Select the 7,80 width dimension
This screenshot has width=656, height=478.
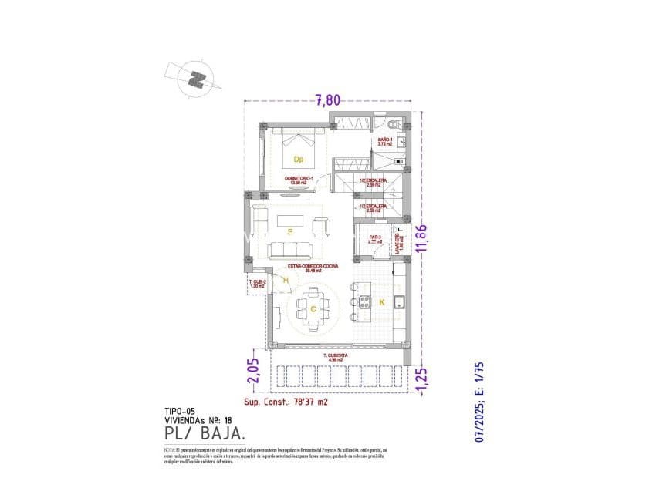point(327,99)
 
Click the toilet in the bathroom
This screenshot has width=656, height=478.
point(394,125)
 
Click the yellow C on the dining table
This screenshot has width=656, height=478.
point(313,308)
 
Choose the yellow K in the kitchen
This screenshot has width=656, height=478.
point(381,302)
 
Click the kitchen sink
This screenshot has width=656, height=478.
point(400,301)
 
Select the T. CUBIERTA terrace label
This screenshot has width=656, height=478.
point(336,356)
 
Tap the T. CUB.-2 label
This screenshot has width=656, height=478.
point(257,284)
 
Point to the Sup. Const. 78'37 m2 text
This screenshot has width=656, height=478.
point(286,402)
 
